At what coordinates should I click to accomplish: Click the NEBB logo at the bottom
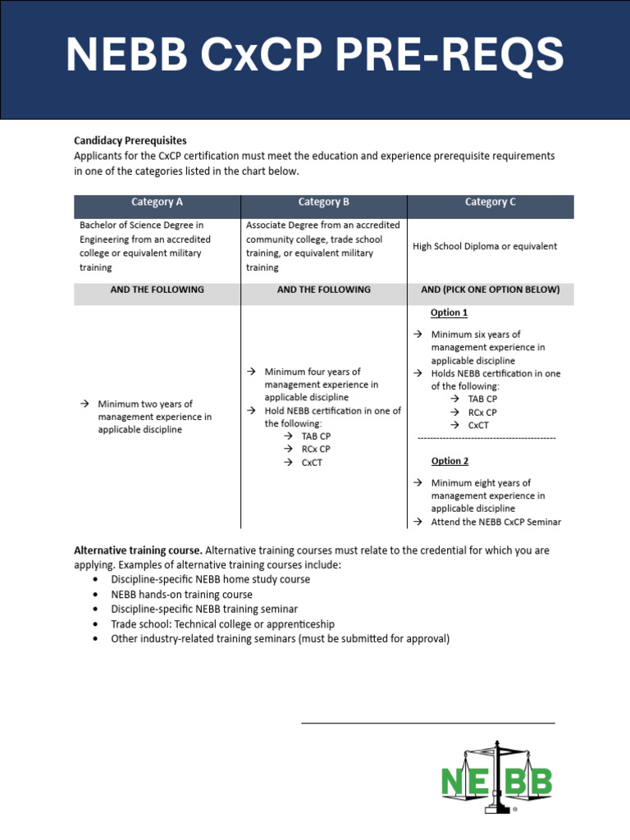(x=497, y=778)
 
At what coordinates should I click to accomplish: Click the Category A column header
(x=157, y=202)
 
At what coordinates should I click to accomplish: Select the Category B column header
(x=324, y=202)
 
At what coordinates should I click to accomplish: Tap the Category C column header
(x=491, y=202)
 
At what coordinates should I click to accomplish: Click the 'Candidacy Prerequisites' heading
(x=130, y=141)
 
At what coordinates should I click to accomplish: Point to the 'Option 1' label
(x=449, y=313)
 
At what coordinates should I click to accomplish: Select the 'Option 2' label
(x=449, y=461)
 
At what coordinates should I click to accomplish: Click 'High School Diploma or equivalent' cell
(x=485, y=246)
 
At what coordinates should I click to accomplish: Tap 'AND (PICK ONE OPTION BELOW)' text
(x=491, y=290)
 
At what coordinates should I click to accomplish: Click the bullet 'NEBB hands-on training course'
(x=181, y=594)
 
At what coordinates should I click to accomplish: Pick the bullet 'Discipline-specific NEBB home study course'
(x=210, y=579)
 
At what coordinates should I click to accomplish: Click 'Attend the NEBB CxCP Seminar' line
(x=495, y=522)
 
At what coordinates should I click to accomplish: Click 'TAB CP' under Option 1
(x=482, y=399)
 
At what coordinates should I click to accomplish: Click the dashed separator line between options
(x=486, y=438)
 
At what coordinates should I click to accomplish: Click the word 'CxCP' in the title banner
(x=254, y=56)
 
